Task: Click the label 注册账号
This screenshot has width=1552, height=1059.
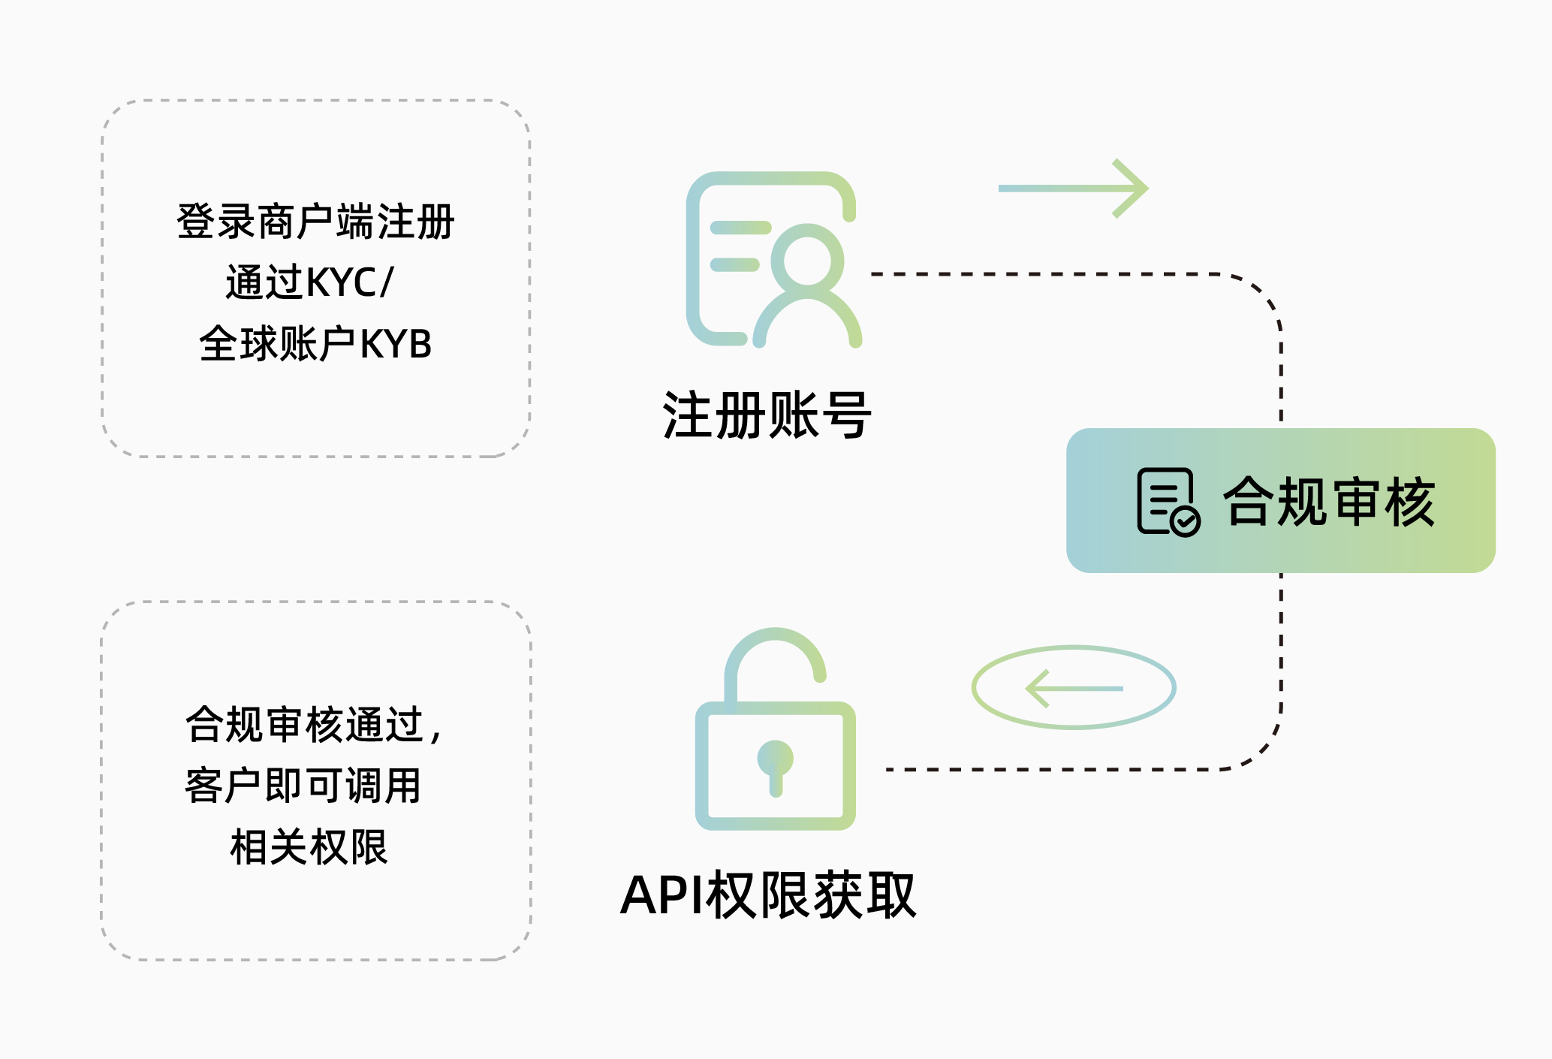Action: pos(767,415)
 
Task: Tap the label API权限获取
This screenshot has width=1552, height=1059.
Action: pos(767,895)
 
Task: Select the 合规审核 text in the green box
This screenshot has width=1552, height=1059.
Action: pos(1329,502)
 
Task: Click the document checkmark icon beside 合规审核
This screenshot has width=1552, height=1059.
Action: pos(1168,502)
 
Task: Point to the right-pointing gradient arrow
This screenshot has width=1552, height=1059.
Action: pos(1074,189)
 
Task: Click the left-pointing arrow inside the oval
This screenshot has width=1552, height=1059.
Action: pos(1074,688)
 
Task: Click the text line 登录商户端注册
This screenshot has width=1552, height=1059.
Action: pos(315,222)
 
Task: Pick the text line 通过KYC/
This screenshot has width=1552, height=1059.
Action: pos(309,283)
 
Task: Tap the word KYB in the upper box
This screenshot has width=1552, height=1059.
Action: pos(396,345)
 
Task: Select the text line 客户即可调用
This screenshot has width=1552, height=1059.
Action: pos(303,786)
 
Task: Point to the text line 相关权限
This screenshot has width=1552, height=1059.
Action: pos(309,848)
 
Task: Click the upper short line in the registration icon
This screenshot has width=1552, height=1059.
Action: pos(740,228)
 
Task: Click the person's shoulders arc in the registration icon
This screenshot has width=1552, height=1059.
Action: pos(807,315)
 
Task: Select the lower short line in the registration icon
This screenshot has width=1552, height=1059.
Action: pos(734,264)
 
